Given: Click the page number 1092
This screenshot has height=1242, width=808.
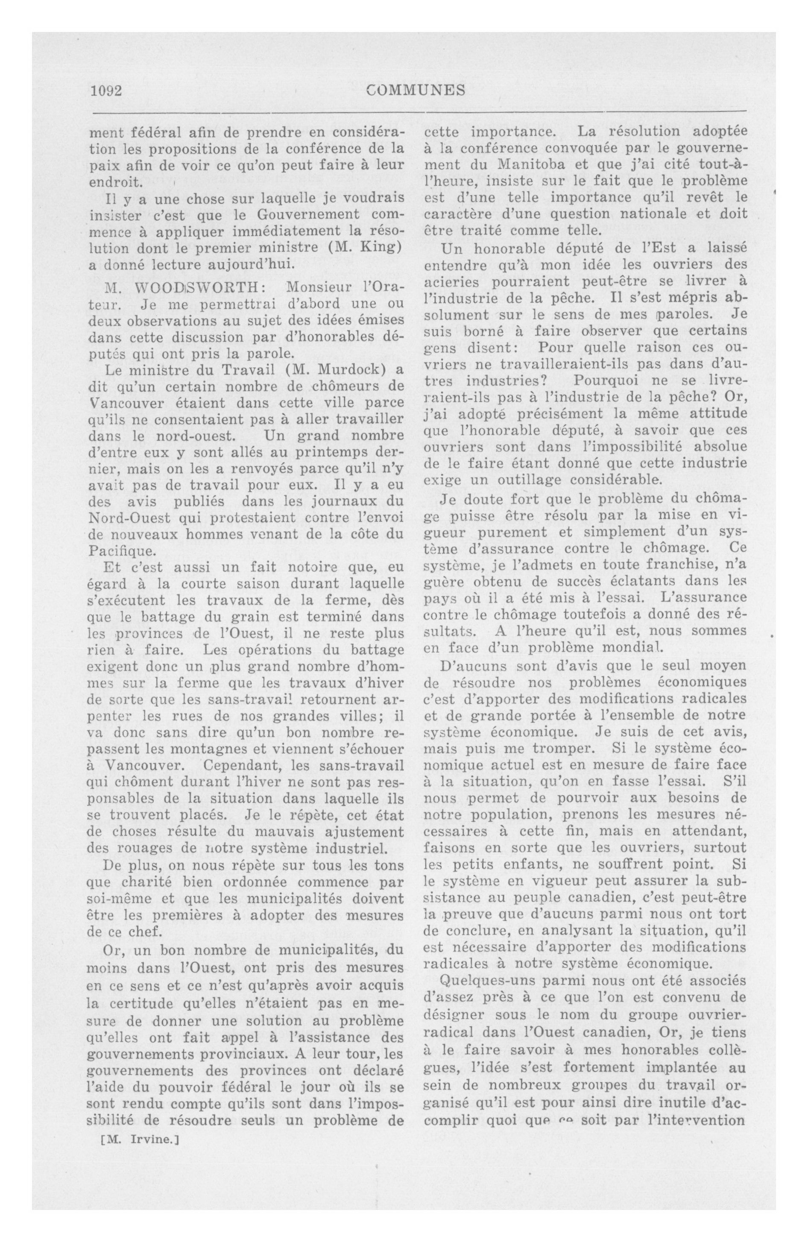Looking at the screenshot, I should pyautogui.click(x=106, y=91).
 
